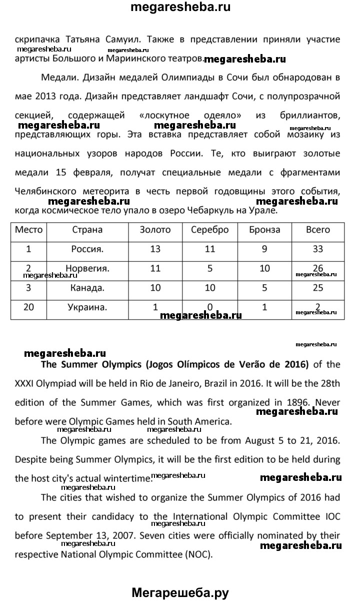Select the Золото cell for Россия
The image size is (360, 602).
click(155, 249)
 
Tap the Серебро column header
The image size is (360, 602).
click(210, 230)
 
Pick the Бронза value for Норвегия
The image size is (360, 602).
click(264, 269)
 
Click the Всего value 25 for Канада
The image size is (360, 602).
click(317, 288)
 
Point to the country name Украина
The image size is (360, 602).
click(87, 307)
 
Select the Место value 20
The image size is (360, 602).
click(28, 307)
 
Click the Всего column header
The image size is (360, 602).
click(317, 230)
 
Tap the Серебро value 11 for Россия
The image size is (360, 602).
click(210, 249)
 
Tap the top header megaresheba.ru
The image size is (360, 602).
click(180, 8)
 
